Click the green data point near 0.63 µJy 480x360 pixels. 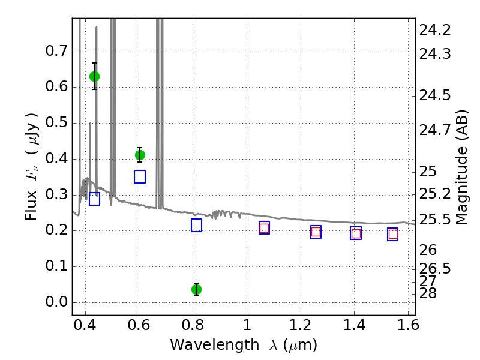coord(94,77)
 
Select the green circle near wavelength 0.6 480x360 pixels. coord(140,155)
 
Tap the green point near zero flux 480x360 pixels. coord(197,289)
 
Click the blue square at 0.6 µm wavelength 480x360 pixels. coord(140,176)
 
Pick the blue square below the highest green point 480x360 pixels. coord(94,199)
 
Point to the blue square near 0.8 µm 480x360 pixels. coord(197,226)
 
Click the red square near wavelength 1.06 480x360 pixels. coord(264,228)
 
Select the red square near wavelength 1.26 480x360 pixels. coord(316,232)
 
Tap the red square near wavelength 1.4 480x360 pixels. coord(356,233)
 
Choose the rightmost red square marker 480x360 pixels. coord(393,235)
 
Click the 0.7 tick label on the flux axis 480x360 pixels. coord(56,51)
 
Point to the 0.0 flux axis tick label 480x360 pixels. coord(56,302)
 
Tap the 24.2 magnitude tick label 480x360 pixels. coord(435,30)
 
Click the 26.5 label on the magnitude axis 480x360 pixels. coord(435,268)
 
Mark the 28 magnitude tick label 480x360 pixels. coord(428,293)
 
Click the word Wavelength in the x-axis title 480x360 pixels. coord(215,345)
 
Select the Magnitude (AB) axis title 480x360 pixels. coord(462,167)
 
